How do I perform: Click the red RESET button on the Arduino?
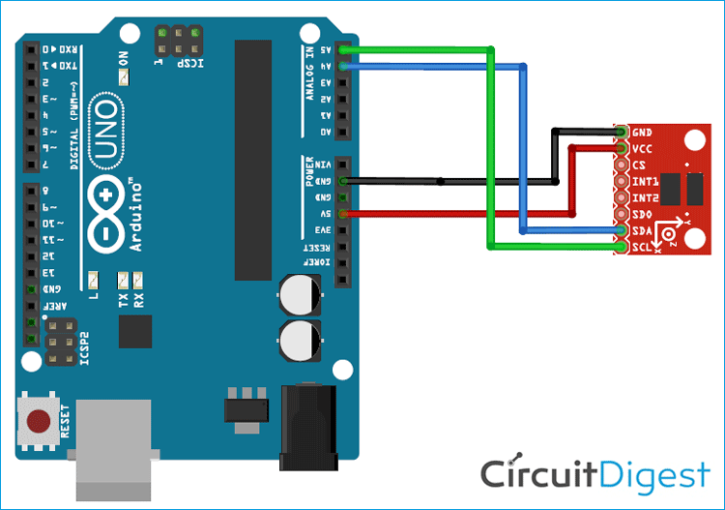[40, 422]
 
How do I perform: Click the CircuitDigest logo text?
[595, 474]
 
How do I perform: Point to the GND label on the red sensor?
[642, 133]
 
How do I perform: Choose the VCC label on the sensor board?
[642, 149]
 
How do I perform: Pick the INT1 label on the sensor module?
[644, 182]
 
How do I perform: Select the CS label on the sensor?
[639, 165]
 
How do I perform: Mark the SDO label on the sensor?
[642, 214]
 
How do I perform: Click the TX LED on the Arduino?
[123, 282]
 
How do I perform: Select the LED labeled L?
[92, 282]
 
